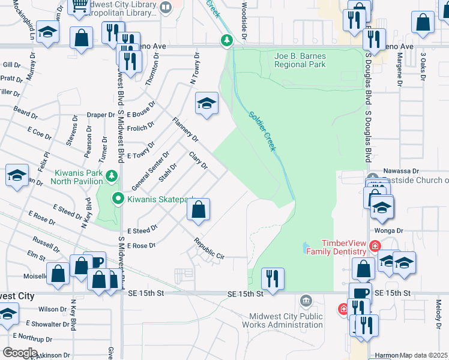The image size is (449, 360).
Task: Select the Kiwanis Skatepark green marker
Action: point(118,198)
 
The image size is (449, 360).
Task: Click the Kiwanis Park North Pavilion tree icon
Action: point(110,176)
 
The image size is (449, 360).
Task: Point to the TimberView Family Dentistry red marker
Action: point(375,246)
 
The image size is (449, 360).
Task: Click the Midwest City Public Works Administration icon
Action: point(306,299)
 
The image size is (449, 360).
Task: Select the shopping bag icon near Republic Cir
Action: point(198,210)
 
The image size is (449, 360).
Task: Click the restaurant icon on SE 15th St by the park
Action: point(273,278)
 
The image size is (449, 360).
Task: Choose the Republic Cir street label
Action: point(208,249)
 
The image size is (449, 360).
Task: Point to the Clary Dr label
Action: point(197,160)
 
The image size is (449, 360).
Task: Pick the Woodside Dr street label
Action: point(244,21)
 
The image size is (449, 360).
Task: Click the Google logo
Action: point(19,353)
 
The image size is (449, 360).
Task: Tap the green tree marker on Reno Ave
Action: point(227,41)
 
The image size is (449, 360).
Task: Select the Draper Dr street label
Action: point(100,115)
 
